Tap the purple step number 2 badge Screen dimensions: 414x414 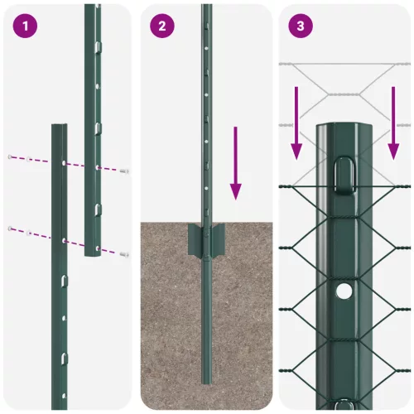coord(162,26)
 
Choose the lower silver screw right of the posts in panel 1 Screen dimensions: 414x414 coord(124,253)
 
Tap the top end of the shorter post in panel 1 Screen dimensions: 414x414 coord(59,127)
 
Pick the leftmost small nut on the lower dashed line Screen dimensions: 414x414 coord(10,227)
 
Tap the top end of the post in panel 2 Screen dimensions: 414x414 coord(206,7)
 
